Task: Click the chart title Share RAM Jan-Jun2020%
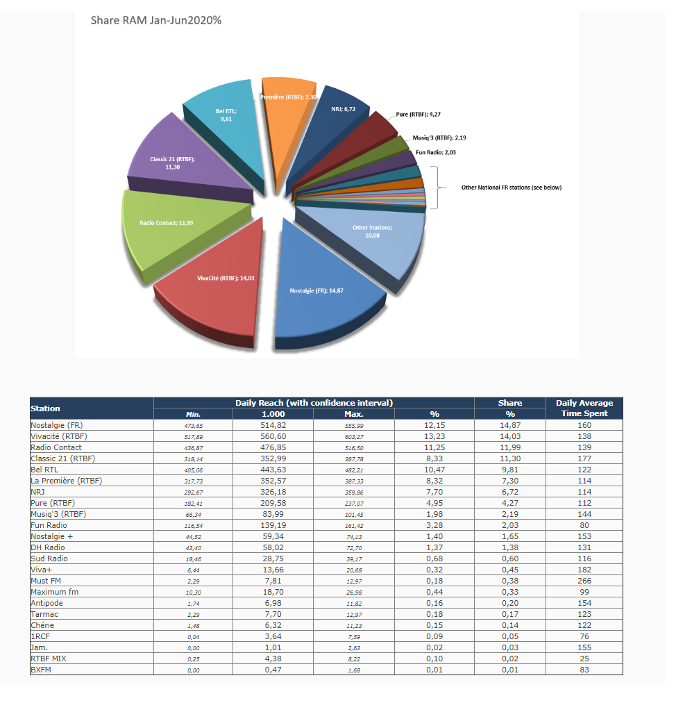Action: coord(156,20)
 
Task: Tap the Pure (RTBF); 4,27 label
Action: coord(419,113)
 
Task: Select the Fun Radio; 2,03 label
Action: coord(436,151)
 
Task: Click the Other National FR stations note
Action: coord(512,188)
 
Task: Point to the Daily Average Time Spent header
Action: coord(584,408)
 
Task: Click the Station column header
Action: coord(46,408)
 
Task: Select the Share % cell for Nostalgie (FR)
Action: coord(510,425)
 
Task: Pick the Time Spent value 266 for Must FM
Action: coord(584,581)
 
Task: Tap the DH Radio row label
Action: coord(48,547)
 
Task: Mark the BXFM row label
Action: coord(42,670)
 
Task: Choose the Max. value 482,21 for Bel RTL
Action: coord(354,470)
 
